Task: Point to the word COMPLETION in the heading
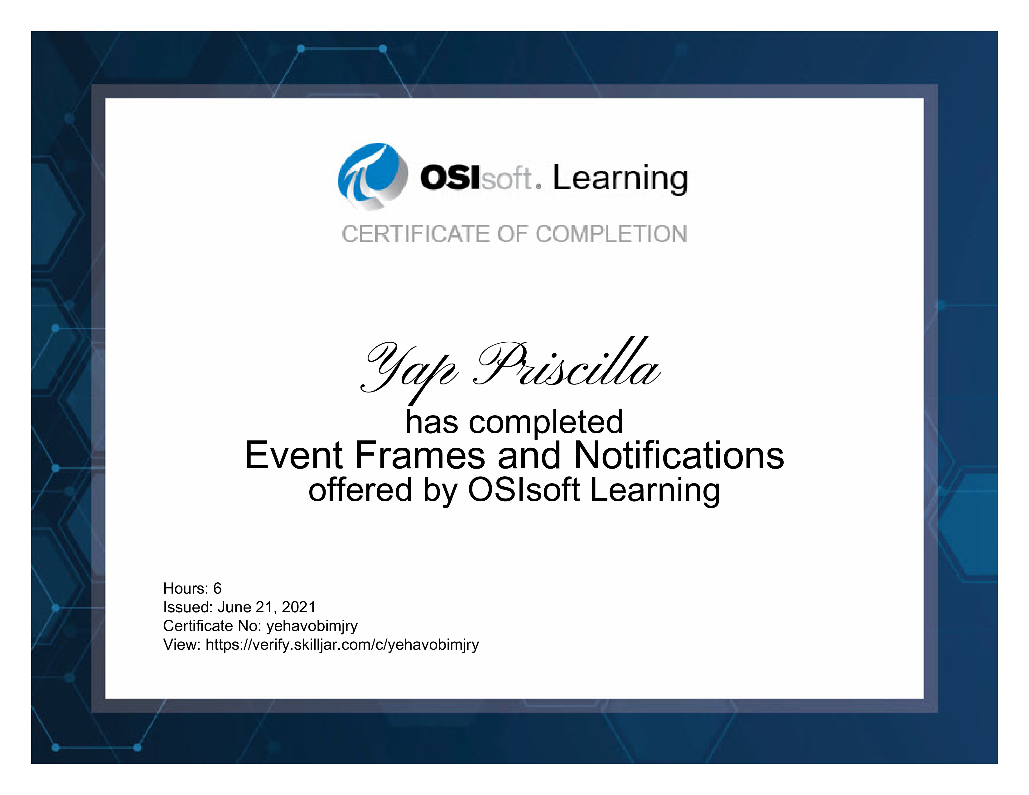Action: [611, 234]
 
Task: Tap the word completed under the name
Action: [546, 422]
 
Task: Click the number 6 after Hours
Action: [217, 588]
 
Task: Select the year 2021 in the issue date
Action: [299, 607]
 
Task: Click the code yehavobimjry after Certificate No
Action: [312, 626]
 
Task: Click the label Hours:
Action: [186, 588]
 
